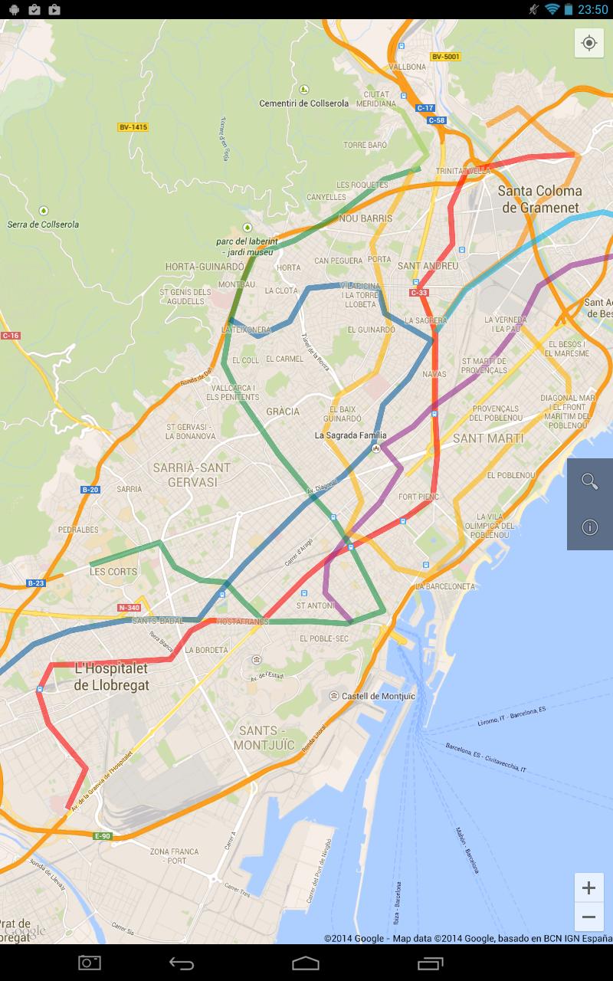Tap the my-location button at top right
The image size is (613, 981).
coord(589,43)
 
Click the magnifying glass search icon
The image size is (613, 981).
coord(589,481)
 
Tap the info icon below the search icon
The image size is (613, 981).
coord(589,527)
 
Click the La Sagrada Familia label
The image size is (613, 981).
coord(351,435)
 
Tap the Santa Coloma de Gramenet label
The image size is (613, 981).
coord(541,198)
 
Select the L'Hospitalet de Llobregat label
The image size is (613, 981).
coord(112,676)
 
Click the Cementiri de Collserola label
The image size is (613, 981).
coord(303,103)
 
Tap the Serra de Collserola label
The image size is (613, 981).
coord(43,224)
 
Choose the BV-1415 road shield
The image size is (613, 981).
coord(133,127)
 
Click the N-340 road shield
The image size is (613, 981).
coord(129,608)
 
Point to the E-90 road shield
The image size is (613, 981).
coord(103,835)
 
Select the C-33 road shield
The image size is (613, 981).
coord(418,292)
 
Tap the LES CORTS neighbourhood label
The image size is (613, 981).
coord(113,571)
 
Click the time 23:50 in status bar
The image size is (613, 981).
coord(592,9)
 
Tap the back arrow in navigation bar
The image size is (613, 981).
coord(182,963)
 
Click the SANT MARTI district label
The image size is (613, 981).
coord(488,438)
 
